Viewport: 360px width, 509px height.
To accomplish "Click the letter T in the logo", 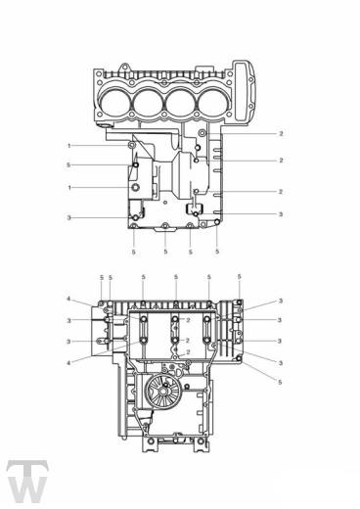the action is click(x=27, y=469).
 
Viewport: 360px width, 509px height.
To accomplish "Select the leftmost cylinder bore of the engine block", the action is click(x=114, y=103).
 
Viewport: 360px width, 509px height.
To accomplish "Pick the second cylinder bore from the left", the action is click(x=148, y=104).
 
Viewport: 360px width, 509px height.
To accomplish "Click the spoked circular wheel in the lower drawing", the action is click(x=163, y=390).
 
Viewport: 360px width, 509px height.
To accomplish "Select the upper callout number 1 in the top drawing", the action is click(x=68, y=146).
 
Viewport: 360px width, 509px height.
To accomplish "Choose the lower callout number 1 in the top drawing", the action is click(x=68, y=188).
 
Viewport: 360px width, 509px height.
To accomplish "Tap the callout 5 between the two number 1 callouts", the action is click(x=68, y=165).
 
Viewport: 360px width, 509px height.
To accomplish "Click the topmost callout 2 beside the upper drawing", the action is click(x=281, y=134).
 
